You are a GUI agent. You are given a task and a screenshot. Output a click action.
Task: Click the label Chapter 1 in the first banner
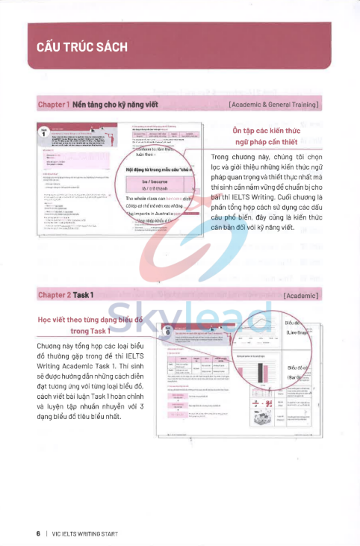pos(53,104)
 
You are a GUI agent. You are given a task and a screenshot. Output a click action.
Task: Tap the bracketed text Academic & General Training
pos(275,104)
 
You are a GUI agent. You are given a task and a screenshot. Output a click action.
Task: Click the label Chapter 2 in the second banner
pos(55,296)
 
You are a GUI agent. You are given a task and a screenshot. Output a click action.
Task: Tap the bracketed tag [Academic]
pos(301,296)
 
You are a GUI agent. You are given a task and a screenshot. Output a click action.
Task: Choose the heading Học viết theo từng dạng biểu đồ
pos(90,319)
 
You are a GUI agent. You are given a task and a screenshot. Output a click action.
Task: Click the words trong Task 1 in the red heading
pos(90,330)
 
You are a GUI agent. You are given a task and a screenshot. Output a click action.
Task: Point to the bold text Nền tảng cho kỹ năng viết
pos(110,104)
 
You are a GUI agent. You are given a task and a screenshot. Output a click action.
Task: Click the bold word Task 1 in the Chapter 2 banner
pos(83,296)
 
